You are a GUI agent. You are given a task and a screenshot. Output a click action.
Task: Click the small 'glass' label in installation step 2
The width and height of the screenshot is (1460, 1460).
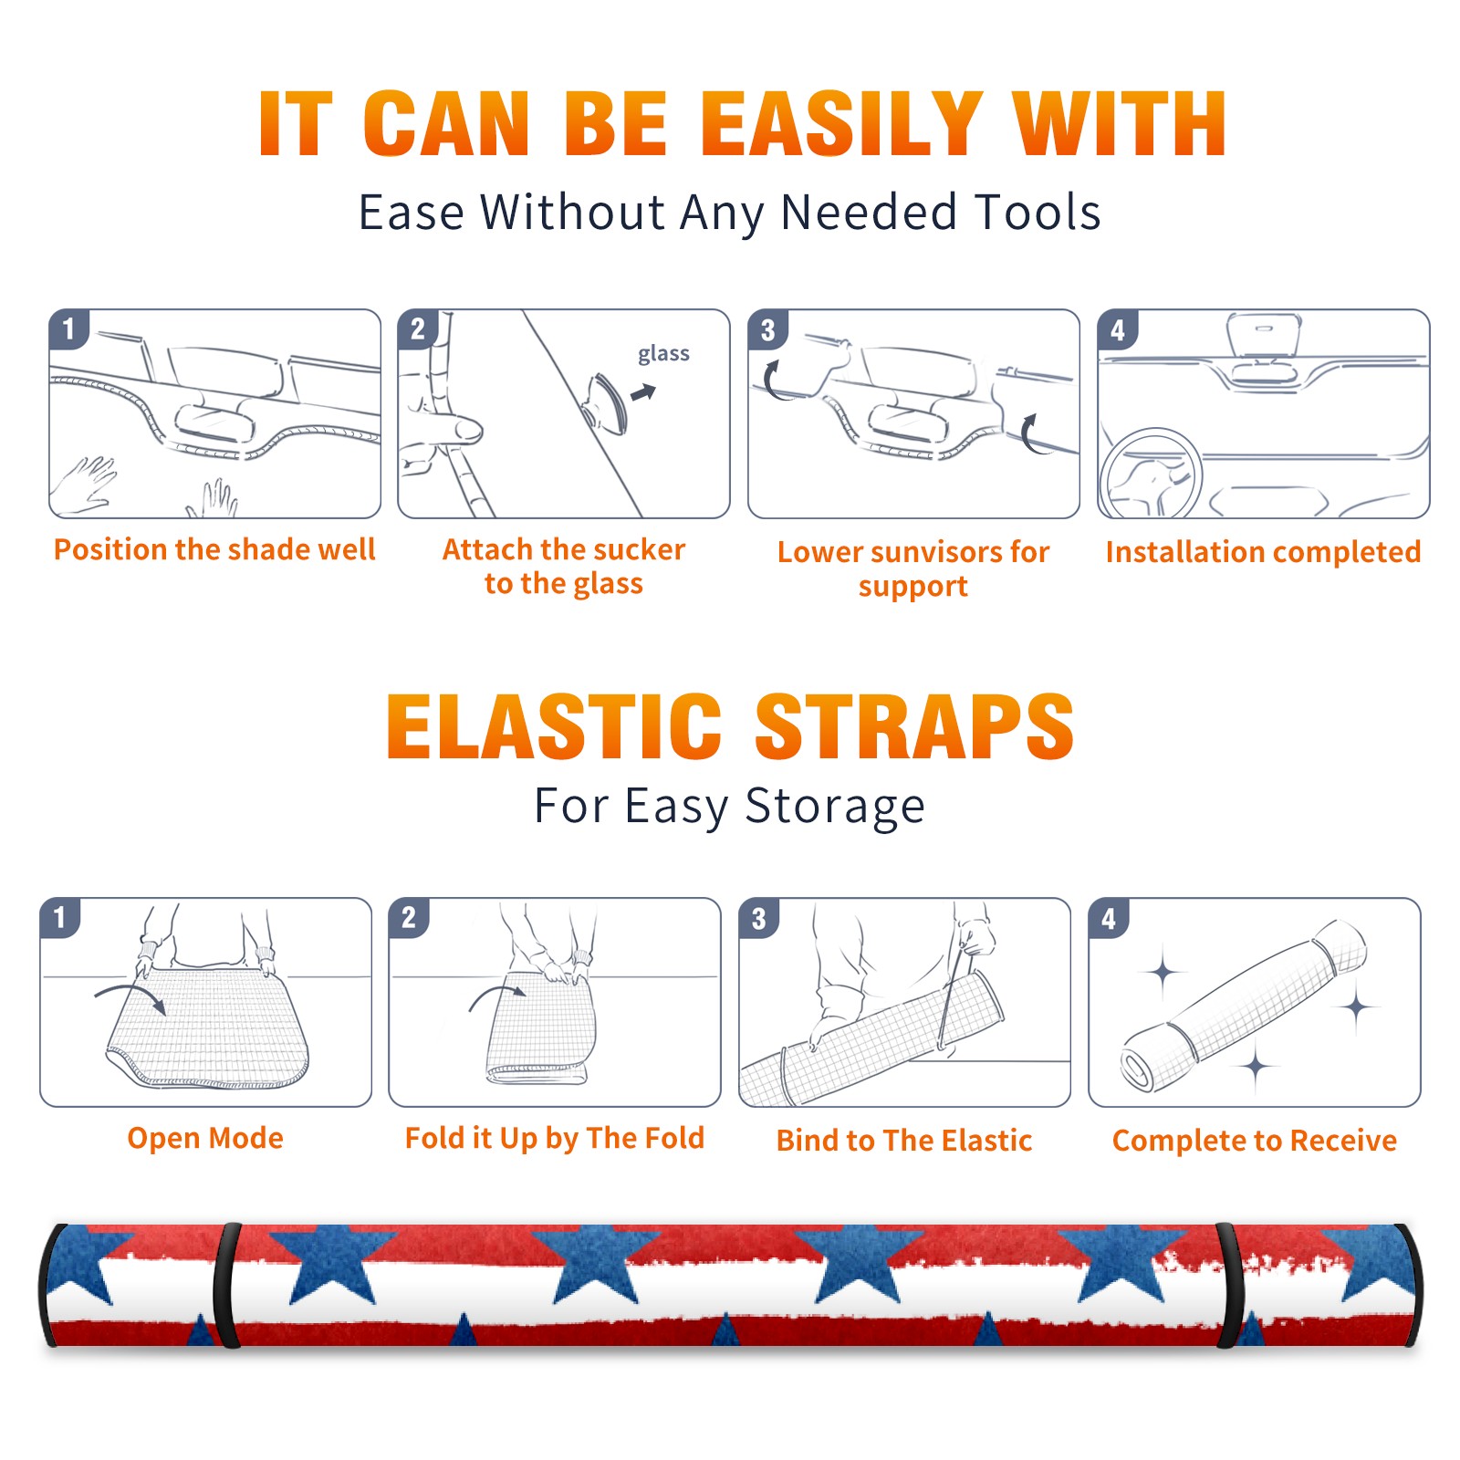click(663, 354)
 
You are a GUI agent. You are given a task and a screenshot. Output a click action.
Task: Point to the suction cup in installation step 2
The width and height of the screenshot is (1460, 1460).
click(608, 401)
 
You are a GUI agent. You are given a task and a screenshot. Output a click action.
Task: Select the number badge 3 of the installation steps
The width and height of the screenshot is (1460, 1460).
click(767, 329)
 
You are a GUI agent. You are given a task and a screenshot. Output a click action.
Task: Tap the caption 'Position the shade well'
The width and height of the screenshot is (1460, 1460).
click(214, 549)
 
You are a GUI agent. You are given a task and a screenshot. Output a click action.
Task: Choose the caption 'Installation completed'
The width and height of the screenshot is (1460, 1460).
click(1263, 552)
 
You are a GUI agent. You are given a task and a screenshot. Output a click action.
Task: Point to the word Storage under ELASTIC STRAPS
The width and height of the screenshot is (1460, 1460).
click(835, 808)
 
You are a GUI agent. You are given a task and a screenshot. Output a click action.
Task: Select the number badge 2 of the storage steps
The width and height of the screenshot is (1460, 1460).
click(409, 918)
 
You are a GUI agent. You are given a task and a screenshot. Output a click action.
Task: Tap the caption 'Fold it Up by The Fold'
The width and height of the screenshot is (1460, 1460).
click(555, 1139)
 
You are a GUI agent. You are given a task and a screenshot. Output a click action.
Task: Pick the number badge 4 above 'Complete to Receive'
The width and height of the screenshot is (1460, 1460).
click(1109, 918)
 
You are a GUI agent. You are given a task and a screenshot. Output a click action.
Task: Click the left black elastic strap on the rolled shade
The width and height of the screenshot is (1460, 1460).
click(227, 1286)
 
